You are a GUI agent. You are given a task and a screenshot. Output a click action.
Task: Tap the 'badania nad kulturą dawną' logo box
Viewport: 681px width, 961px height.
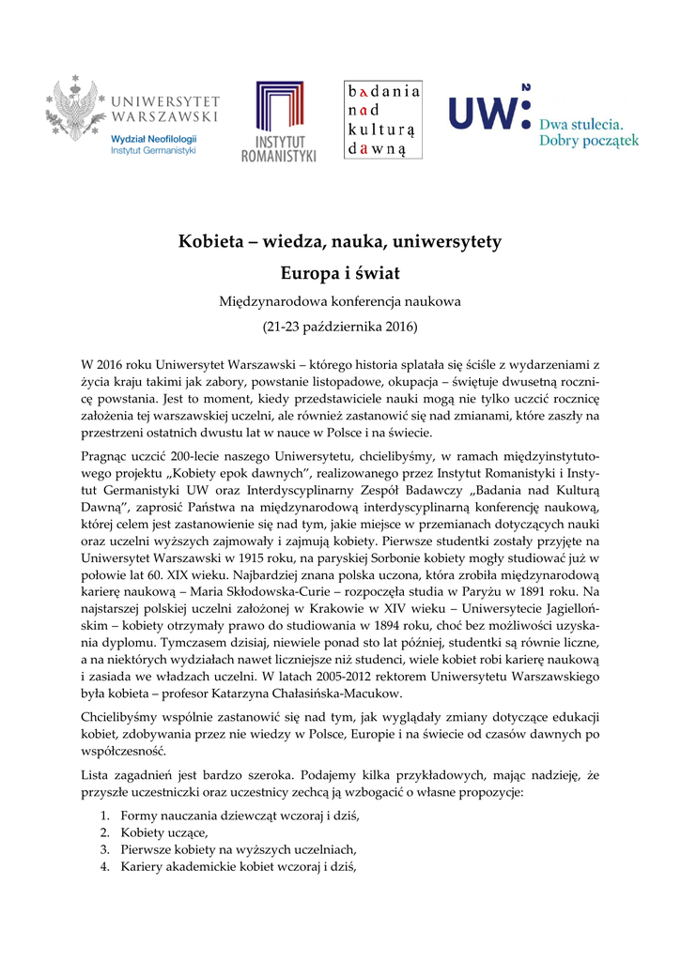click(x=383, y=120)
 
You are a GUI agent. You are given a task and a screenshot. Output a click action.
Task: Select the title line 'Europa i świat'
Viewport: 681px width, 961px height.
click(x=340, y=273)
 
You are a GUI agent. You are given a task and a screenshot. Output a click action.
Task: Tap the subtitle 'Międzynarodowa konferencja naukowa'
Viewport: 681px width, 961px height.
click(x=340, y=301)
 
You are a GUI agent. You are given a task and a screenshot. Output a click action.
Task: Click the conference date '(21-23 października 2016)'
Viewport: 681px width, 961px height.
click(x=340, y=328)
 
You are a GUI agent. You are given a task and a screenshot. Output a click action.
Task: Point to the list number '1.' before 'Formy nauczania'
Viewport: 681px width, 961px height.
click(x=105, y=815)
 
